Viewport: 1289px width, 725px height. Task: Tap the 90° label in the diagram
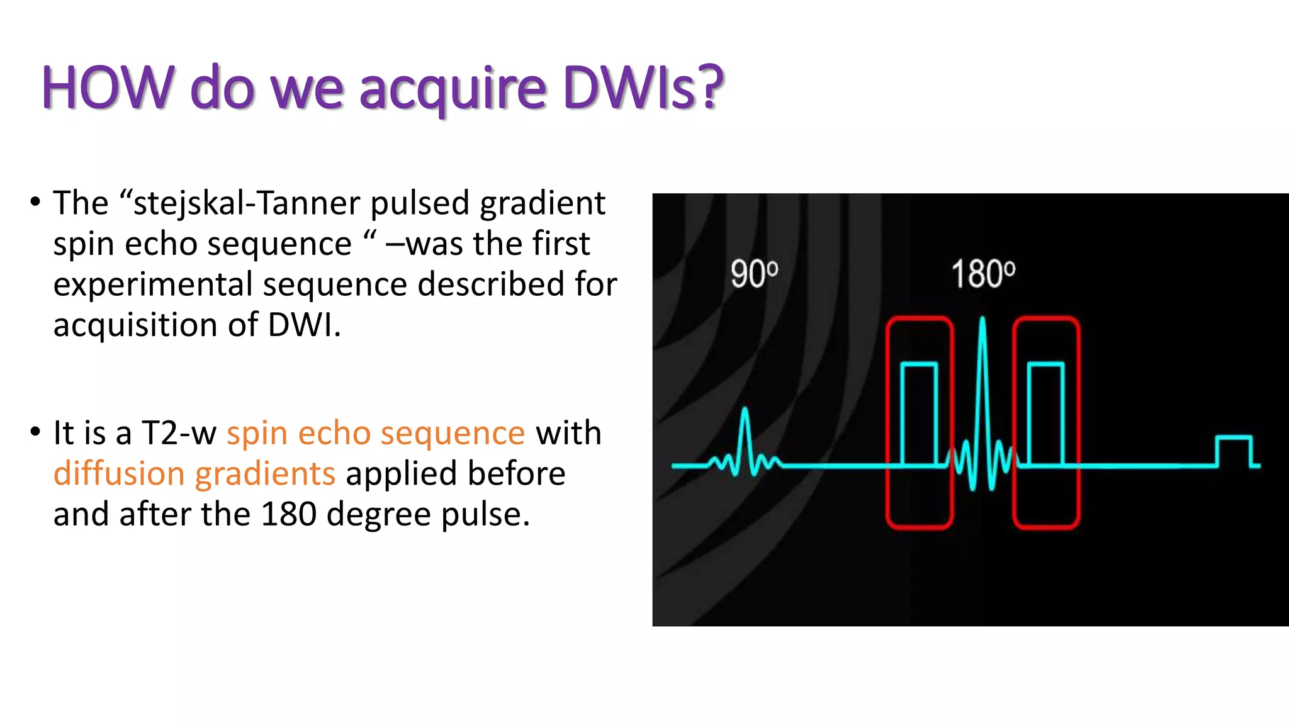pyautogui.click(x=754, y=274)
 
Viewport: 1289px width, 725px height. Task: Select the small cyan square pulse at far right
pyautogui.click(x=1234, y=451)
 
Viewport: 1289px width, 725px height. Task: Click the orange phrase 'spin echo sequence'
pyautogui.click(x=376, y=433)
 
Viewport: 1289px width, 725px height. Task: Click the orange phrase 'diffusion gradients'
pyautogui.click(x=194, y=474)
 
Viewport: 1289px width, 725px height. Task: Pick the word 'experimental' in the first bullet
pyautogui.click(x=153, y=284)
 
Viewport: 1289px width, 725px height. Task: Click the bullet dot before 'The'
pyautogui.click(x=35, y=203)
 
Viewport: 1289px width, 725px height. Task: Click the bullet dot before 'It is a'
pyautogui.click(x=35, y=432)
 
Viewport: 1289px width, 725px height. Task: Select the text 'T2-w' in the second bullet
pyautogui.click(x=179, y=433)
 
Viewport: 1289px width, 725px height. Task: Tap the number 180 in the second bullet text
pyautogui.click(x=289, y=514)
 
